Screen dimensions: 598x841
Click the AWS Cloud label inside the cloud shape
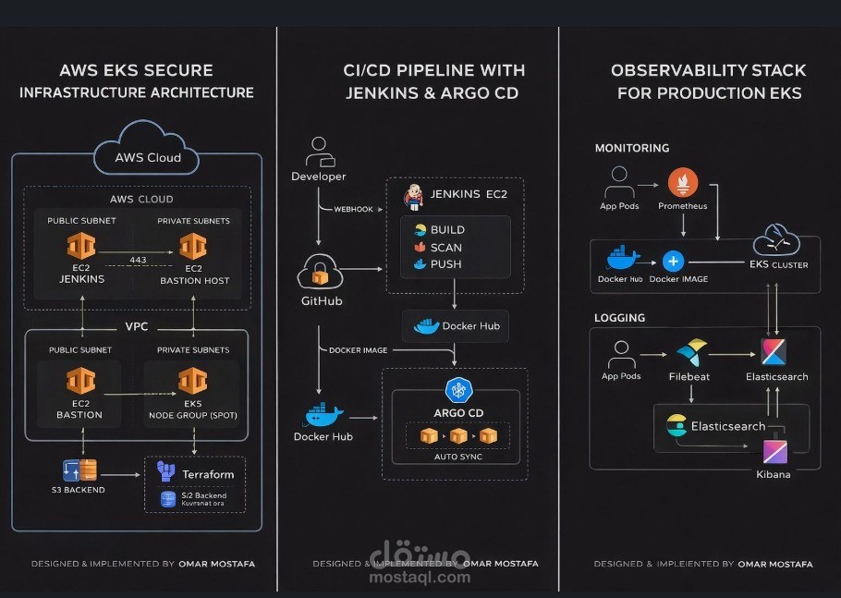point(148,157)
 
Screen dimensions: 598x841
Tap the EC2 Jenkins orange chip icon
point(81,246)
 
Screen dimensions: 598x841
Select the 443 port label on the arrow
point(140,260)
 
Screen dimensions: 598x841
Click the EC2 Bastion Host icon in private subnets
point(193,246)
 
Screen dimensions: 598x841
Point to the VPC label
point(137,326)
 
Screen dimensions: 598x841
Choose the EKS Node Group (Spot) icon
point(193,381)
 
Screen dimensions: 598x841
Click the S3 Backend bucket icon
point(79,470)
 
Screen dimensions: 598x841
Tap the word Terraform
point(208,474)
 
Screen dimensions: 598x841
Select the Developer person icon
point(319,151)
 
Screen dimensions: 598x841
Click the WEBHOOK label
point(353,209)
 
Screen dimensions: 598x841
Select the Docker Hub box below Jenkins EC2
point(455,326)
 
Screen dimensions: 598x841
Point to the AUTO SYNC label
point(458,457)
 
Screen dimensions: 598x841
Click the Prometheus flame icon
point(682,182)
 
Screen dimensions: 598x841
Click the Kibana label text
point(774,474)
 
